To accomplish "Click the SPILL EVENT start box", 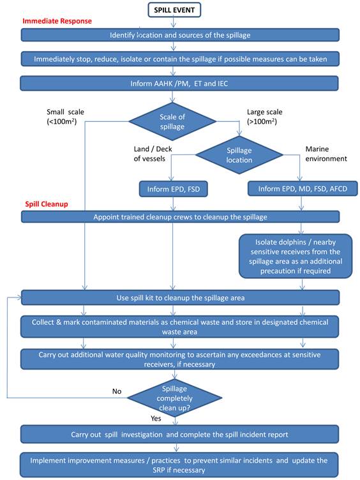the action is (x=174, y=10).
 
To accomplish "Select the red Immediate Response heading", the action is (x=57, y=21).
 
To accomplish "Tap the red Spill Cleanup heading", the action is (x=47, y=204).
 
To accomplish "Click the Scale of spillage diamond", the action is (x=172, y=121).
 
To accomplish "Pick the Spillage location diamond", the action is (x=239, y=155).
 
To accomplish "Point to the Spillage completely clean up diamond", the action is (x=174, y=398).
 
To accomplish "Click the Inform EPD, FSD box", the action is (x=173, y=189).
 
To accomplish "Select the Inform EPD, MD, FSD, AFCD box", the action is (x=303, y=189).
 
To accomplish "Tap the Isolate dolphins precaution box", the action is (x=296, y=256).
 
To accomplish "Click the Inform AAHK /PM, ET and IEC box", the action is (x=179, y=84).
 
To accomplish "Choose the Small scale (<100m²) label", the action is (x=65, y=117).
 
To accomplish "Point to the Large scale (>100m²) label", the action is (x=264, y=117).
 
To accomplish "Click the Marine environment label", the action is (x=326, y=154).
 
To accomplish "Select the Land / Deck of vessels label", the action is (x=153, y=154).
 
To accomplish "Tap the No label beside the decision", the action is (x=117, y=391).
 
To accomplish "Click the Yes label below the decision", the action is (x=156, y=419).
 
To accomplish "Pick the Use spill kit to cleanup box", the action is (x=180, y=298).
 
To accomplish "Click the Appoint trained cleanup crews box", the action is (x=180, y=217).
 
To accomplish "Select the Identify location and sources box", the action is (x=180, y=35).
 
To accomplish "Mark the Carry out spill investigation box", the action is (x=180, y=435).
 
